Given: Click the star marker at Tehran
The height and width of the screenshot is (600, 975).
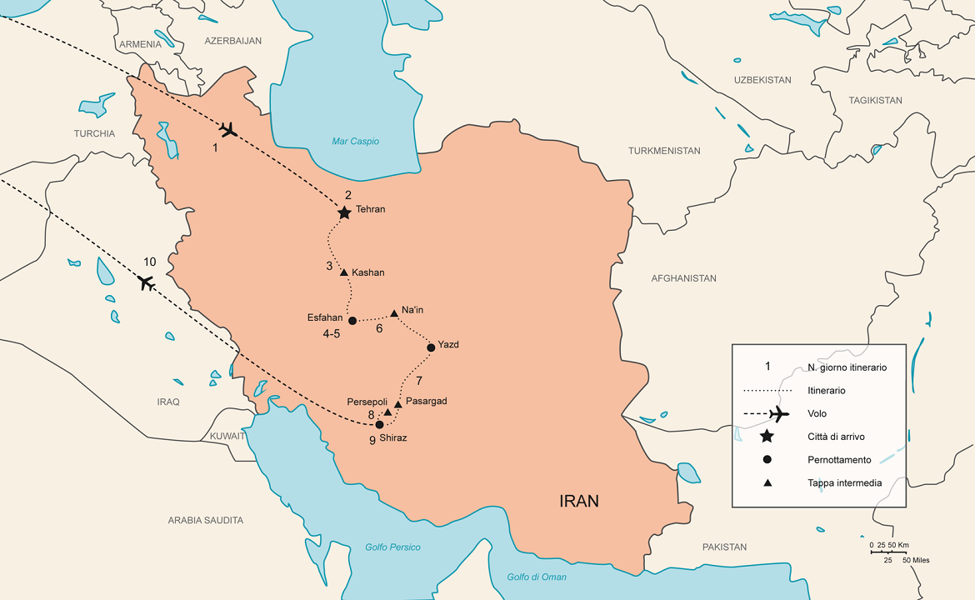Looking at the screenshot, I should tap(344, 213).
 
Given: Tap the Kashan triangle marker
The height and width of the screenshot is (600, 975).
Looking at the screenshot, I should tap(344, 272).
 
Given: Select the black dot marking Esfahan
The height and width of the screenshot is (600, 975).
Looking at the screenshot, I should tap(352, 321).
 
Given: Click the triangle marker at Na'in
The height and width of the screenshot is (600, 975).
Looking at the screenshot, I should tap(394, 313).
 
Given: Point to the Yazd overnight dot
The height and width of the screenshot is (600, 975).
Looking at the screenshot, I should tap(431, 347).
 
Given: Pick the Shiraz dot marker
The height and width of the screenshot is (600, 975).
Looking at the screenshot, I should tap(380, 424).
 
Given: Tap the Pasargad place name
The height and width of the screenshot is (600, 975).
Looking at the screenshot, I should tap(426, 402).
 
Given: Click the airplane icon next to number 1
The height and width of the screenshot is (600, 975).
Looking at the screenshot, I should tap(228, 130).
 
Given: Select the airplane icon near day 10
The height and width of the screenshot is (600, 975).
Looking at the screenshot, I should tap(147, 282).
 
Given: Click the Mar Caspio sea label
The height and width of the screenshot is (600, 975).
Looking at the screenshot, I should tap(355, 142).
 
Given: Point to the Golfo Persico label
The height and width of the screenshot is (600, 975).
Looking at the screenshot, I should tap(392, 547).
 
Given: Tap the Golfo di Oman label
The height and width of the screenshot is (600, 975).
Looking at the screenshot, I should tap(537, 577).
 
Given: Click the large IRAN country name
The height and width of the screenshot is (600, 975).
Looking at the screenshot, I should tap(578, 502).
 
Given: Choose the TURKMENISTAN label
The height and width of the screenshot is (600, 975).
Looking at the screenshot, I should tap(664, 151).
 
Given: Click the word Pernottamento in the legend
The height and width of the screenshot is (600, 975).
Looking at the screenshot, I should tap(839, 460).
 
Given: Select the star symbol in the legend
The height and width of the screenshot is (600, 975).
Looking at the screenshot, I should tap(767, 437).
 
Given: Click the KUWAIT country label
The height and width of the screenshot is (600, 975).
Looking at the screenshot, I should tap(227, 436).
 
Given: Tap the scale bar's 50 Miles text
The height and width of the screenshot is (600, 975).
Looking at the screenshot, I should tap(914, 560).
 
